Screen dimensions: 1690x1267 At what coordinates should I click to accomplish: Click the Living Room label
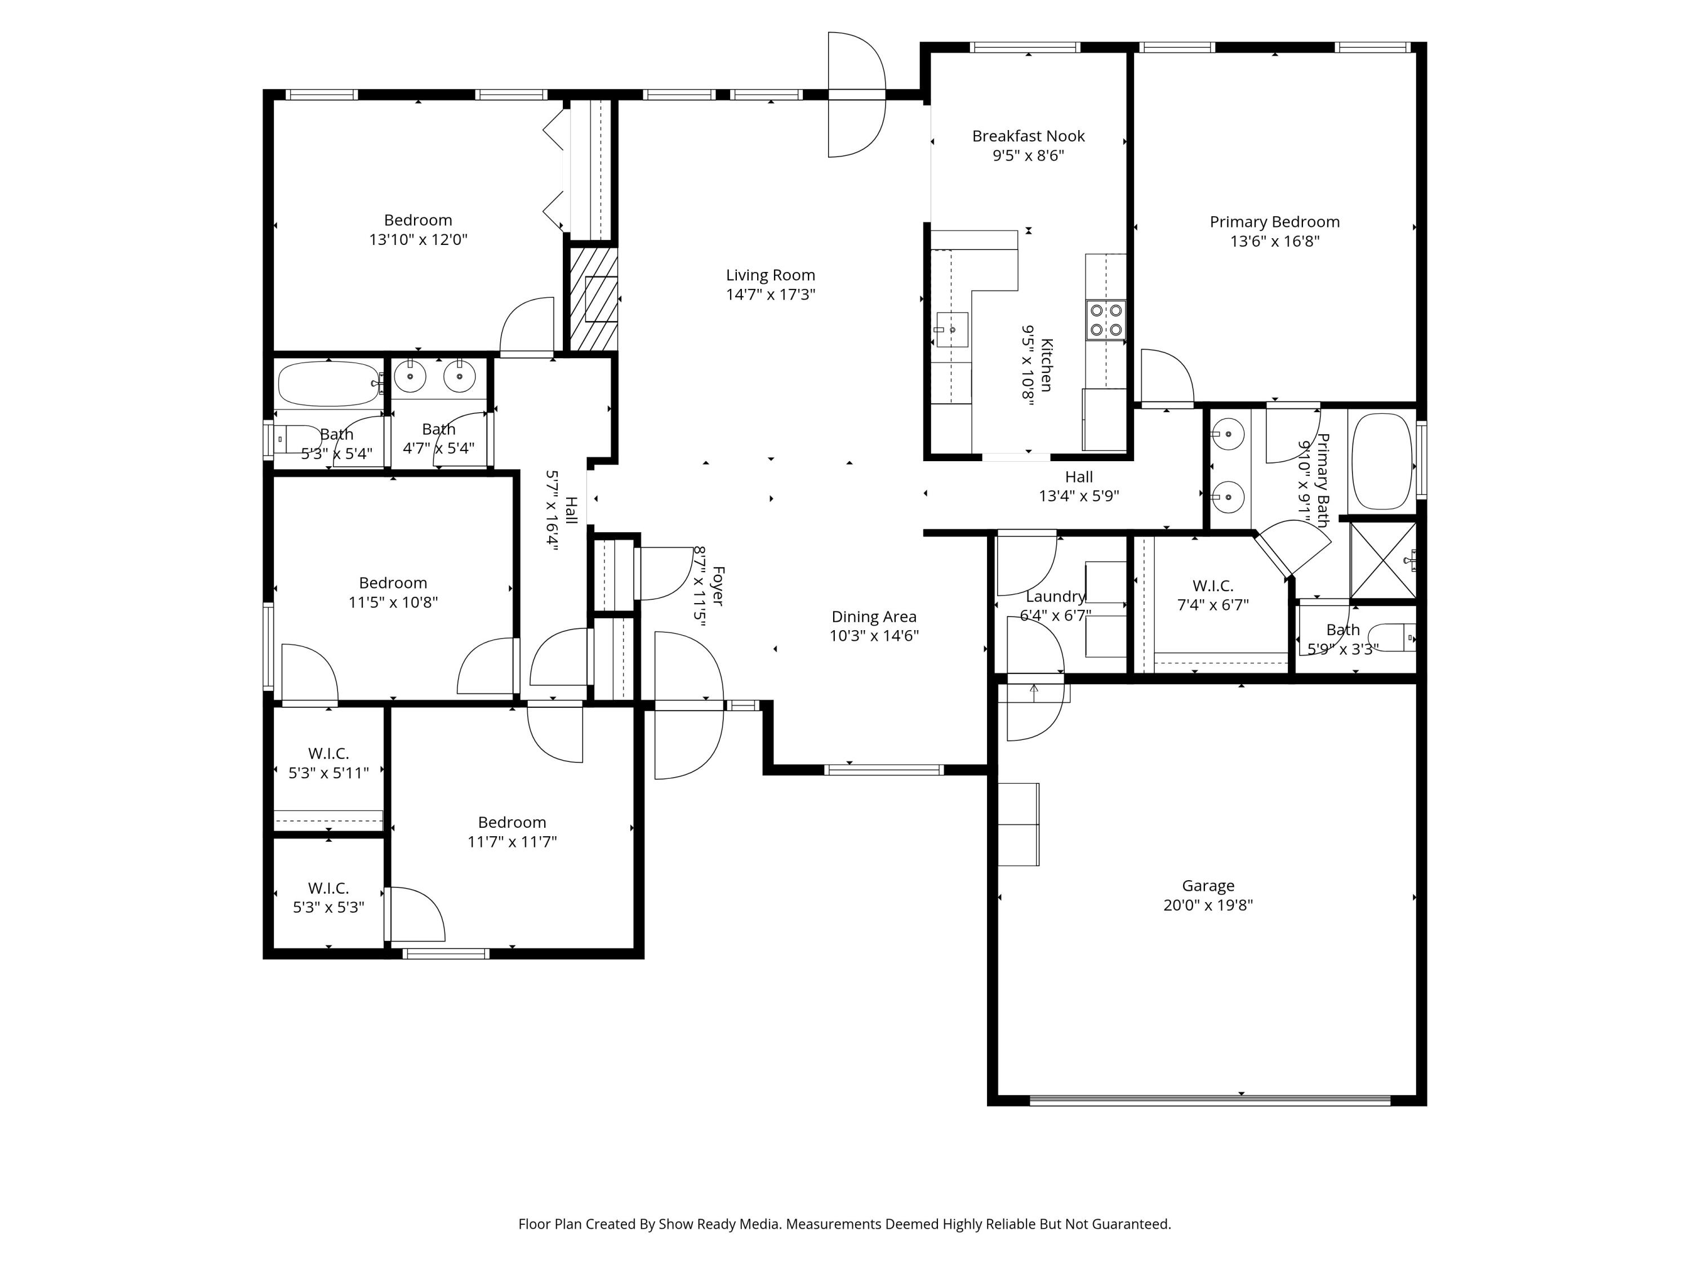[770, 284]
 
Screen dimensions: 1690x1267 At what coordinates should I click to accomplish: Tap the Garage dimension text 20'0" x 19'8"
[1208, 905]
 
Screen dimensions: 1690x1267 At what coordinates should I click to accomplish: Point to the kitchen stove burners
[1105, 320]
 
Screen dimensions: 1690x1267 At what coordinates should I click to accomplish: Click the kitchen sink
[953, 330]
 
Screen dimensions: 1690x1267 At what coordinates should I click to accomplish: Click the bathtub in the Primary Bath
[1382, 461]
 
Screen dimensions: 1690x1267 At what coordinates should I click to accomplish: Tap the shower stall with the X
[1384, 560]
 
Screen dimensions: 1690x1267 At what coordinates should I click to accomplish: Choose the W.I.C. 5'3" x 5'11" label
[328, 763]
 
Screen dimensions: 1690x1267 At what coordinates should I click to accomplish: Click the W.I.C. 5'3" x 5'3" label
[328, 898]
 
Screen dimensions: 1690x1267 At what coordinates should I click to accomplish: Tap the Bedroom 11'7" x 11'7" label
[512, 832]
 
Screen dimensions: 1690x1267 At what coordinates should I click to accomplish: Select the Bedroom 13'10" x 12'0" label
[418, 229]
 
